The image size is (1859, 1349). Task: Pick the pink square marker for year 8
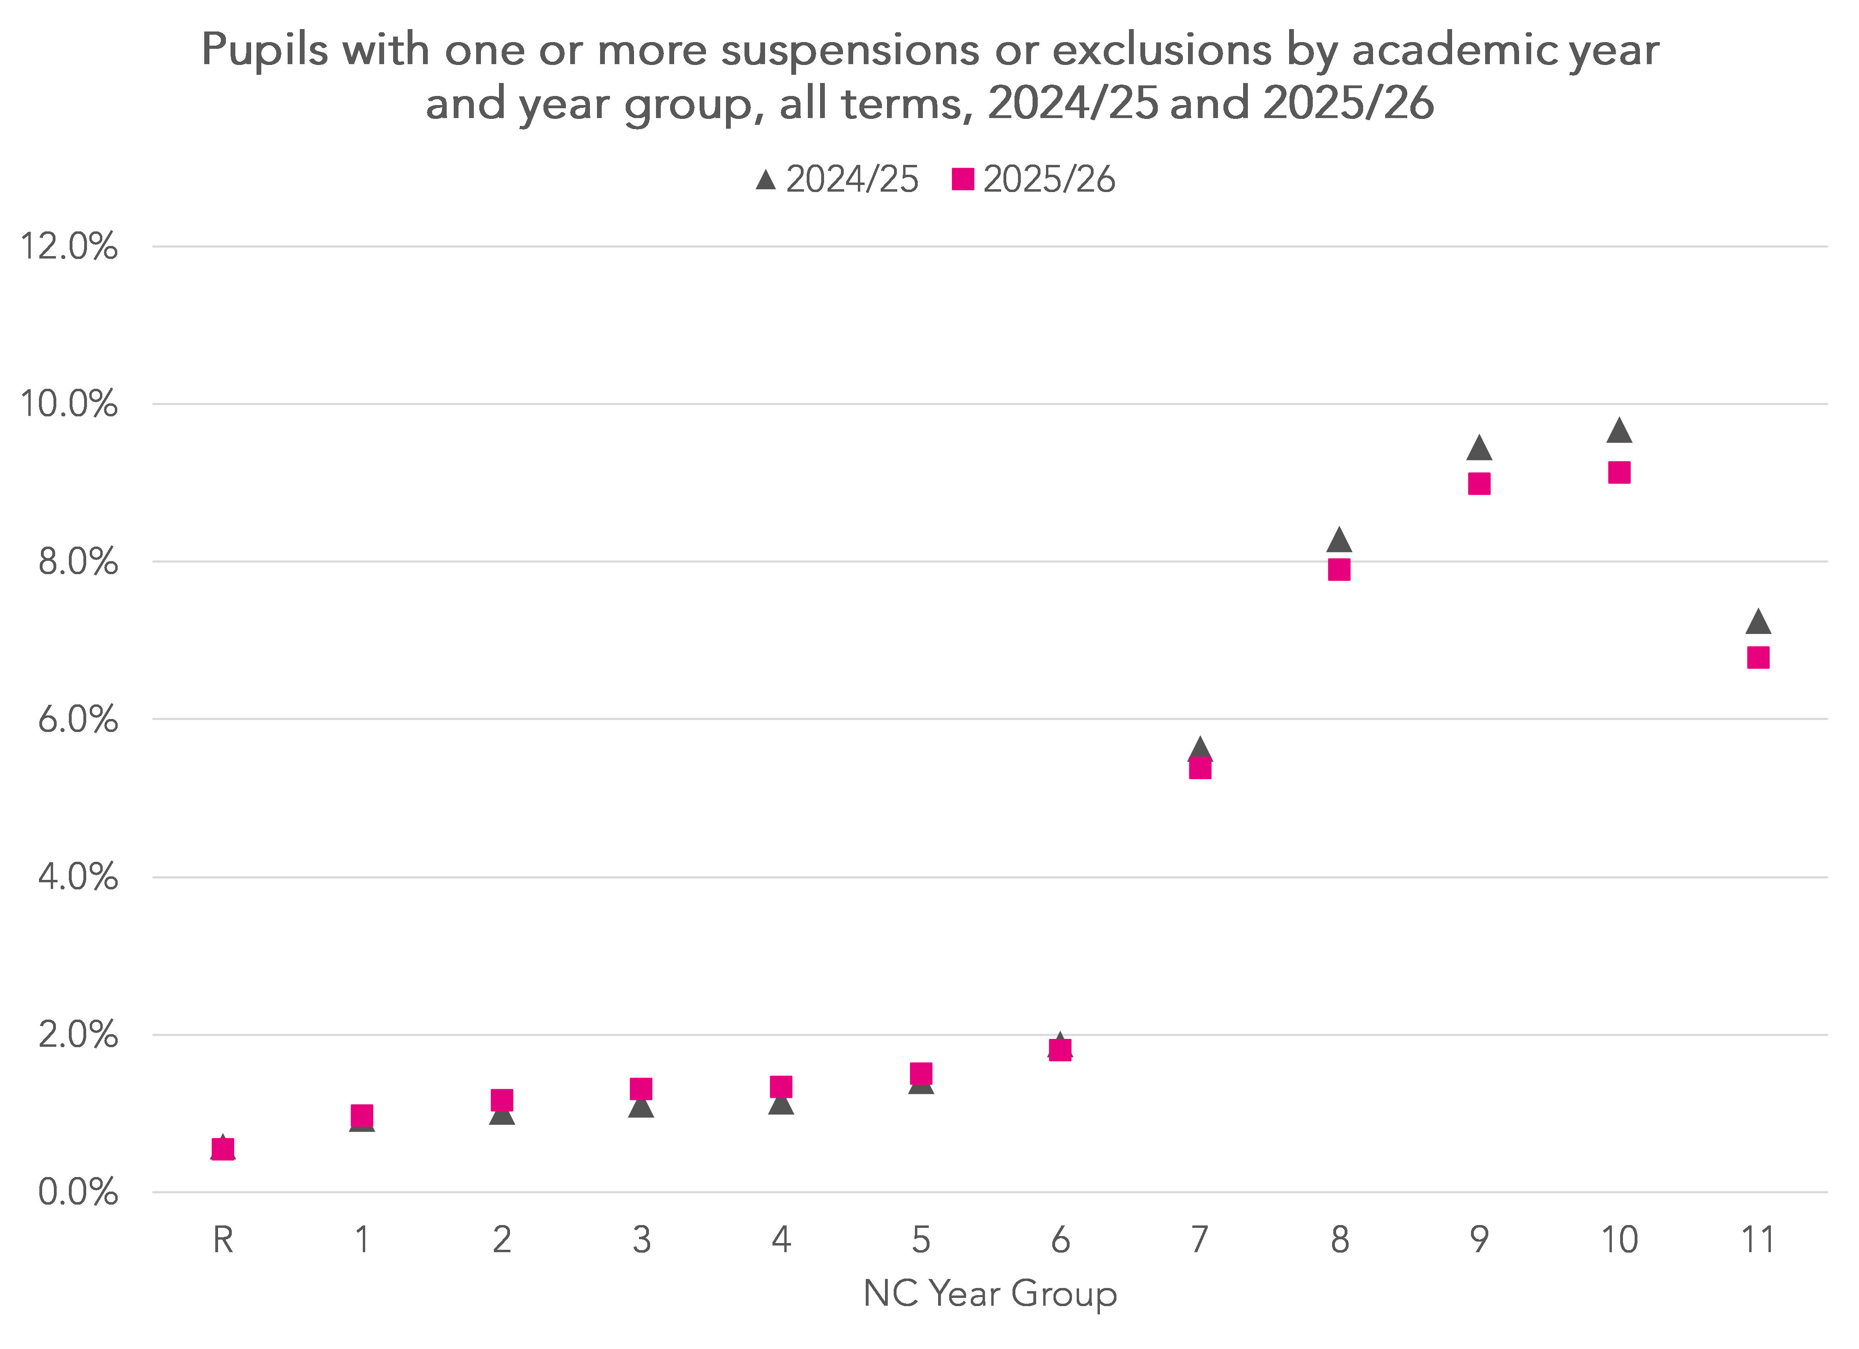pos(1339,569)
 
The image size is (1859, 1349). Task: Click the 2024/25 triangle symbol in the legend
pos(765,179)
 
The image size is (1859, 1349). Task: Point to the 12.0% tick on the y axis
pos(69,246)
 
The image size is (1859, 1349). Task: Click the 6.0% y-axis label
pos(78,720)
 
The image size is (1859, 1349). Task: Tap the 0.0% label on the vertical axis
pos(78,1192)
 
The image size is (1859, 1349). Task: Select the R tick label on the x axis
pos(223,1240)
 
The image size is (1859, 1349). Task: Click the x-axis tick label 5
pos(921,1240)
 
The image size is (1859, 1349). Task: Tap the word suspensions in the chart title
pos(850,51)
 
